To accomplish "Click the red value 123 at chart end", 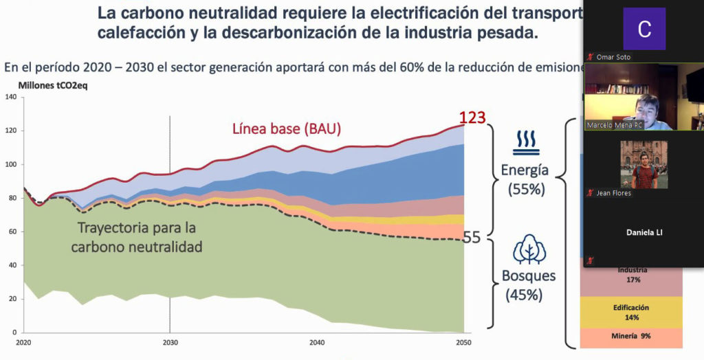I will tap(472, 118).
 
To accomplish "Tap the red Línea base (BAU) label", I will tap(287, 128).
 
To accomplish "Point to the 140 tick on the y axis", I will tap(10, 97).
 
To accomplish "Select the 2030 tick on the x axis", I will tap(170, 341).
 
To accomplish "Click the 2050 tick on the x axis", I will tap(464, 341).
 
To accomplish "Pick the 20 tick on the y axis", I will tap(12, 299).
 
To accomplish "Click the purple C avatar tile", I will tap(644, 29).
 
